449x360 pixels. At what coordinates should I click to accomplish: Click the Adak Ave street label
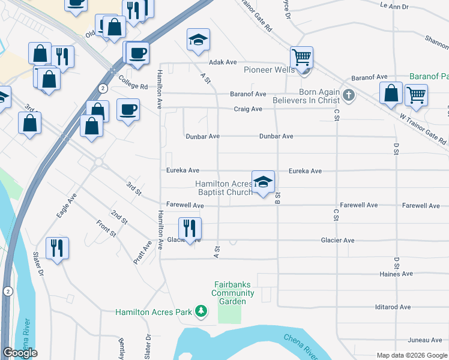pos(223,62)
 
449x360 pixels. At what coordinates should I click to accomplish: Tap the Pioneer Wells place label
pos(269,70)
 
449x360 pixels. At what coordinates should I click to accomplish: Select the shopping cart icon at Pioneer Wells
pos(301,58)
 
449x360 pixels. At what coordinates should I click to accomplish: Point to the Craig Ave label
pos(248,109)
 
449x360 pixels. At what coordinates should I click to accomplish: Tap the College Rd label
pos(133,86)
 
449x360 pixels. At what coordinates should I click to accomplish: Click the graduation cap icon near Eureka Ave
pos(262,182)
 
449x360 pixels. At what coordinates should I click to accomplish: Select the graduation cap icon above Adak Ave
pos(198,40)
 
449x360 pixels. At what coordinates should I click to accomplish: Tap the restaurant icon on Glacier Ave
pos(190,229)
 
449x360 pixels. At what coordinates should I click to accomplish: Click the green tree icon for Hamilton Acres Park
pos(202,311)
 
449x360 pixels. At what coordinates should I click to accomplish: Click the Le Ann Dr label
pos(394,6)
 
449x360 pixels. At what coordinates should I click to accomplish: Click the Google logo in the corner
pos(20,353)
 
